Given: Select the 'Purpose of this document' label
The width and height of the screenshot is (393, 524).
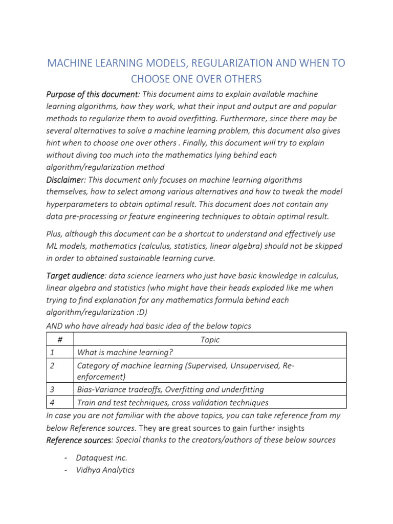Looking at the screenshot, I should [x=93, y=95].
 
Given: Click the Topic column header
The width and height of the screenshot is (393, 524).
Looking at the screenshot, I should [x=210, y=340].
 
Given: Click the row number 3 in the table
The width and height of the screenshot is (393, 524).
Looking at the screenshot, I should [x=52, y=389].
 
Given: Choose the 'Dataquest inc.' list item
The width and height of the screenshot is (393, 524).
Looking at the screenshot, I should [x=101, y=457].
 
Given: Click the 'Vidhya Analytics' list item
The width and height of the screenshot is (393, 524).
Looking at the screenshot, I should [x=105, y=470].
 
